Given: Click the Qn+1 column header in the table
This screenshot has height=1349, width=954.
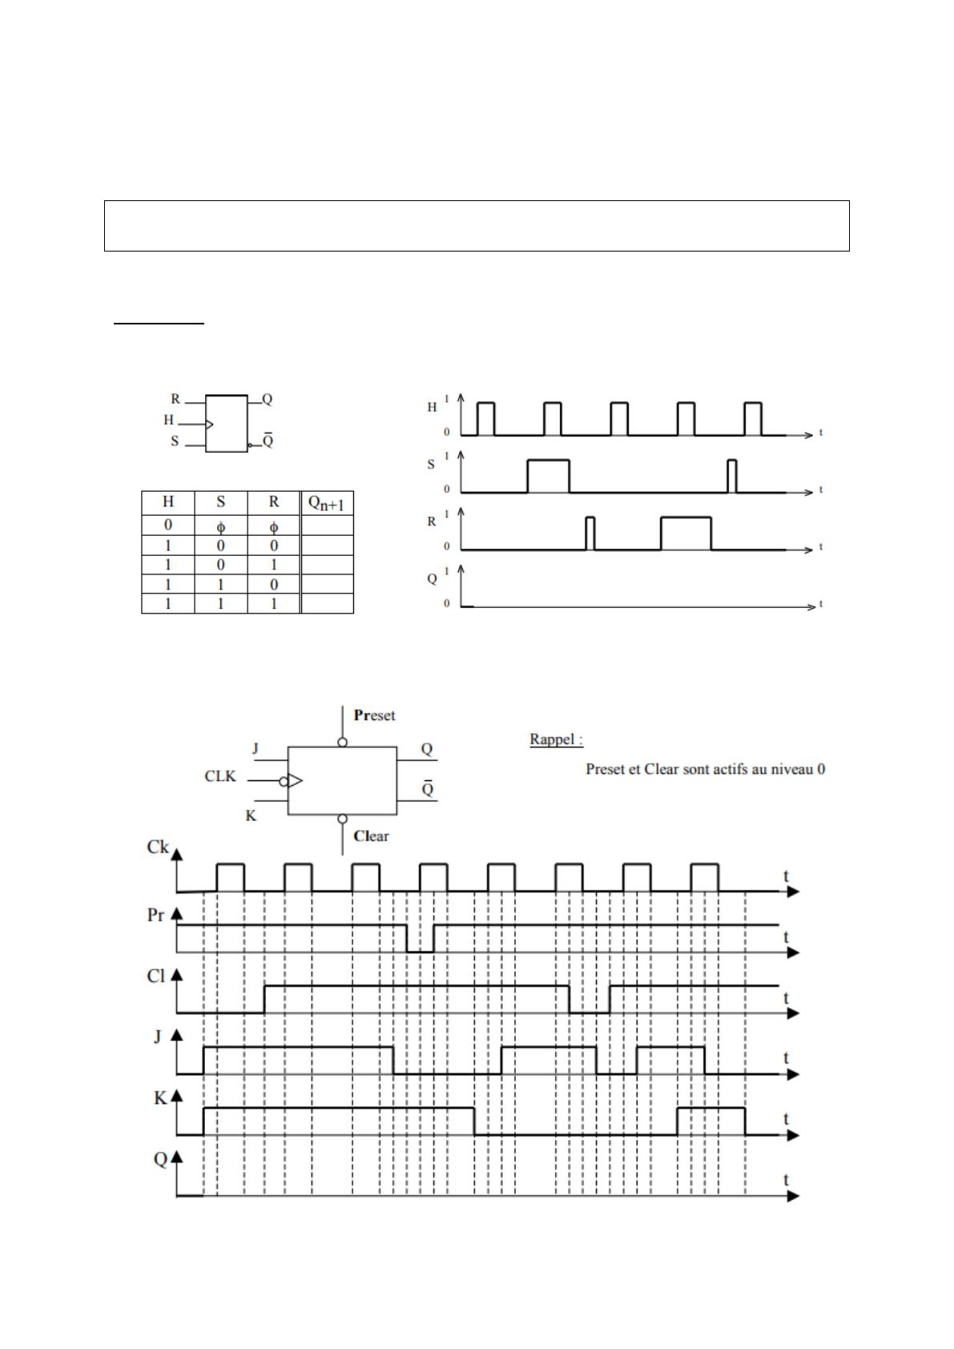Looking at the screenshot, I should [x=327, y=504].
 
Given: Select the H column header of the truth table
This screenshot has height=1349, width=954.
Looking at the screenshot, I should [x=168, y=502].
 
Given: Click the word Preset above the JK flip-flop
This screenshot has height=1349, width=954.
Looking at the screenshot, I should [x=374, y=715].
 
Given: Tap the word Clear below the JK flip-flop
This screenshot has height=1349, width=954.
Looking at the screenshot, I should [x=371, y=836].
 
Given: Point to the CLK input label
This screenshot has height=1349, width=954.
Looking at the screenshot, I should [x=220, y=776].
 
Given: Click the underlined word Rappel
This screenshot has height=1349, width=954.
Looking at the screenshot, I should [x=555, y=739].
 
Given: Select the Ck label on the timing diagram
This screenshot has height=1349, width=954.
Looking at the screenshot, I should [x=158, y=847].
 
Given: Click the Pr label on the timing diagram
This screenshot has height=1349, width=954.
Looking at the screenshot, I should [x=155, y=915].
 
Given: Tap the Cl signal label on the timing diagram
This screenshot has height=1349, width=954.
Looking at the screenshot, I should [x=155, y=977].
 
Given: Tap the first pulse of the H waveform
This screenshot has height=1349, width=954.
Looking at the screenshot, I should [x=485, y=418].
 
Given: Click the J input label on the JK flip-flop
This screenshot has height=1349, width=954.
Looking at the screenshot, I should [x=256, y=749].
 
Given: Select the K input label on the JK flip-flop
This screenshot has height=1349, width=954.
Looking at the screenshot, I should [x=252, y=816].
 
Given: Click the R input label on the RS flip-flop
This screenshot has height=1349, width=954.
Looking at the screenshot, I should [x=175, y=399].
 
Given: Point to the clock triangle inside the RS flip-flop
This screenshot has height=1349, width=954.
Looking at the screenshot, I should [x=210, y=424].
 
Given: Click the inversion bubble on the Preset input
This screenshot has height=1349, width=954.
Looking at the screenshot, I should [x=343, y=743].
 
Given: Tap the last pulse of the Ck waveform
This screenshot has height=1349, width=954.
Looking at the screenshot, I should [x=704, y=876].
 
